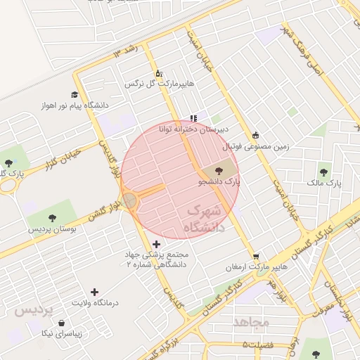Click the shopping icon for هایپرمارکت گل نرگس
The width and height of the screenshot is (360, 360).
159,72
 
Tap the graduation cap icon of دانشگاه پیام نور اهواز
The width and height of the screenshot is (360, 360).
75,94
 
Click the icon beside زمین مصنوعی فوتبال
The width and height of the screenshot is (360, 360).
256,136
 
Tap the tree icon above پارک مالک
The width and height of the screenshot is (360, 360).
324,172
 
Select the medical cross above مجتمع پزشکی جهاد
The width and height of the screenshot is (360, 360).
156,243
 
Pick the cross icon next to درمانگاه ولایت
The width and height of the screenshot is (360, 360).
95,291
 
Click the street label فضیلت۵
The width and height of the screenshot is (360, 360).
257,345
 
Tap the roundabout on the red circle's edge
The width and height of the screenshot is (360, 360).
130,201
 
